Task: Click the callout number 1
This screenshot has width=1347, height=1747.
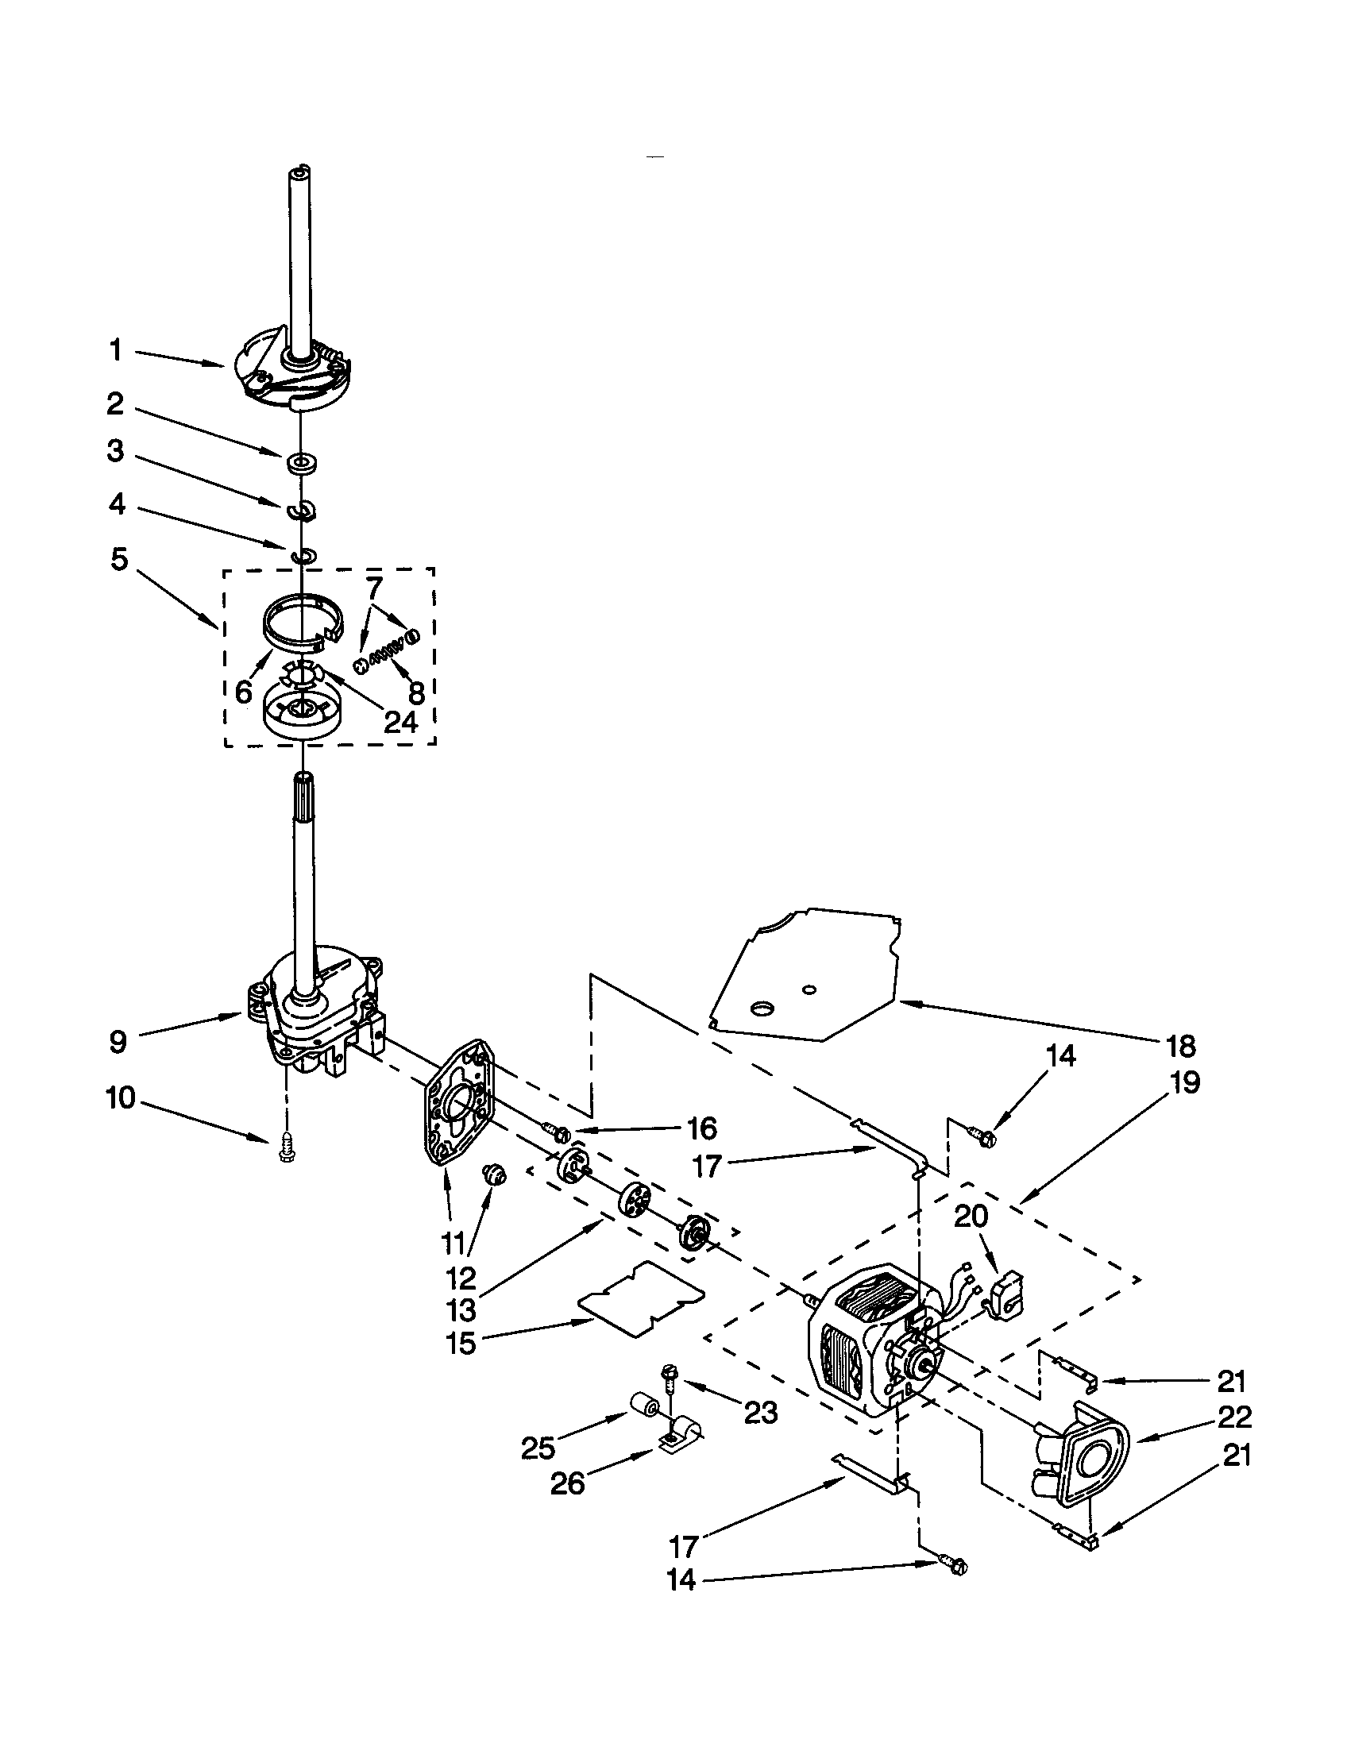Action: [x=116, y=349]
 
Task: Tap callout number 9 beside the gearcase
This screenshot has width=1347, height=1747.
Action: [x=118, y=1043]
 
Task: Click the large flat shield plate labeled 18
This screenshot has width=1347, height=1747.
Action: [x=808, y=972]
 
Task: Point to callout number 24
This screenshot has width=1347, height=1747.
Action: [x=400, y=722]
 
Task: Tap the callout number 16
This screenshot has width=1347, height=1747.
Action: [x=701, y=1128]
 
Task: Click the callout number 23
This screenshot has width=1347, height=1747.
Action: [x=760, y=1413]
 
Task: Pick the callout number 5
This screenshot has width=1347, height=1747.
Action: [x=118, y=559]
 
